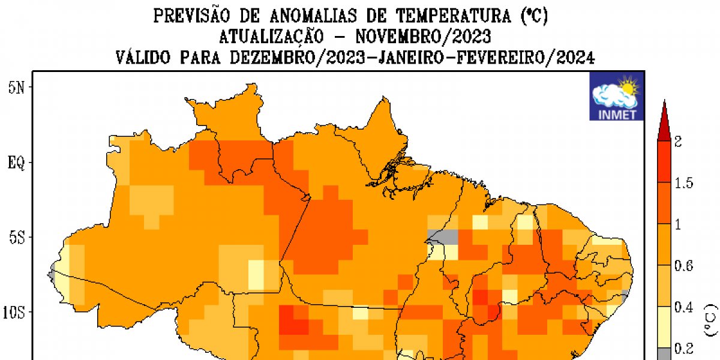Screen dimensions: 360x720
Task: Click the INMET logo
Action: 617,97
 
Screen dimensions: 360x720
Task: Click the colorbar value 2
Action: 679,142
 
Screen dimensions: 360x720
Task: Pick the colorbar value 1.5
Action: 684,184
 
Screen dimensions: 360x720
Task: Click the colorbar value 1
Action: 679,225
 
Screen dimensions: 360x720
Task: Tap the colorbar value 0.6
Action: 684,266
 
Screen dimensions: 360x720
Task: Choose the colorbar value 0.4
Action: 684,308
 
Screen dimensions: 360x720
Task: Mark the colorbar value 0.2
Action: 684,349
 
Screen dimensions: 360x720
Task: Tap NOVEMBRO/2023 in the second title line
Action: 423,37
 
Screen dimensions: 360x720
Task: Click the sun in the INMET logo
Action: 629,88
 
